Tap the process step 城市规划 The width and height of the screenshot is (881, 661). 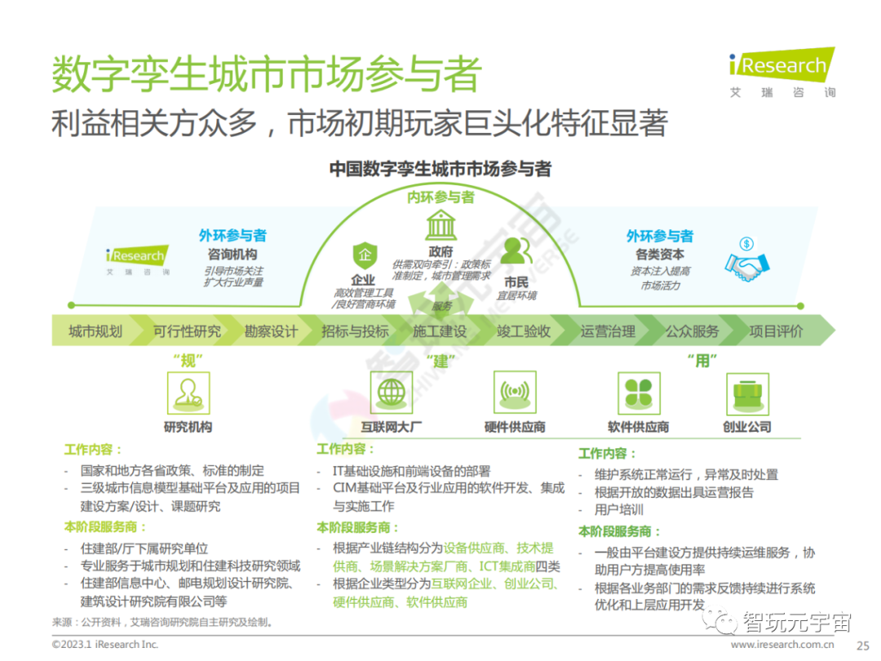[95, 331]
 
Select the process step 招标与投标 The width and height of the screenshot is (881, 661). [355, 331]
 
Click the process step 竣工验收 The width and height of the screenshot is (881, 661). [524, 331]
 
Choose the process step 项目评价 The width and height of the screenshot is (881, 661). [776, 331]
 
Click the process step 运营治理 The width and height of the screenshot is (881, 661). [608, 331]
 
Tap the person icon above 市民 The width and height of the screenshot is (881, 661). [516, 251]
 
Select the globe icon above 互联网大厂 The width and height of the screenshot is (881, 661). [392, 393]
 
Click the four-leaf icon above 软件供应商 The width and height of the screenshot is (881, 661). [638, 393]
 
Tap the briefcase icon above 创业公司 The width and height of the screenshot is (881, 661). [746, 393]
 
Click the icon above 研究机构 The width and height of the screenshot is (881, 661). [188, 393]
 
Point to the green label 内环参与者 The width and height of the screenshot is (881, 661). [440, 197]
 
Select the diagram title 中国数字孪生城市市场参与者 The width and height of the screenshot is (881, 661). [440, 169]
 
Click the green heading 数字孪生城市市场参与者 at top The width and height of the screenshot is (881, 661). [266, 74]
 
